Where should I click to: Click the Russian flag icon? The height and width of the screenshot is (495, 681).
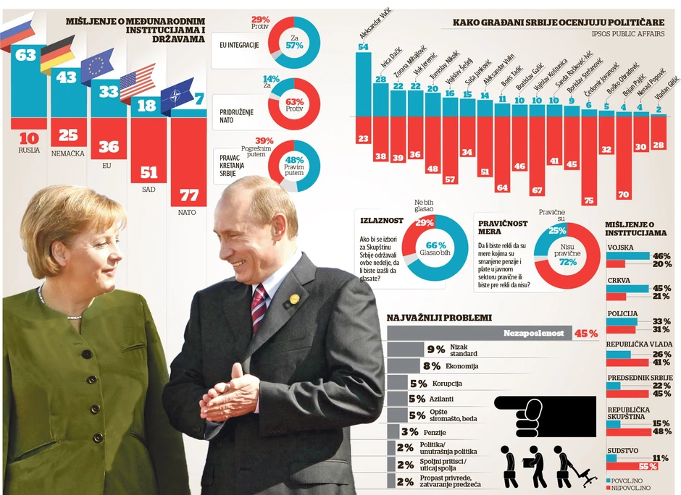click(x=16, y=31)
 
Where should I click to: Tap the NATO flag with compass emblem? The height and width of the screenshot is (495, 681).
click(x=177, y=96)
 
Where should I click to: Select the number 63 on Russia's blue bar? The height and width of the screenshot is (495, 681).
click(x=26, y=55)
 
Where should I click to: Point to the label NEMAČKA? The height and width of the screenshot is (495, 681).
click(x=67, y=153)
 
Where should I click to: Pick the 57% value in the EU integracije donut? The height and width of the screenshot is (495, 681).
click(x=294, y=45)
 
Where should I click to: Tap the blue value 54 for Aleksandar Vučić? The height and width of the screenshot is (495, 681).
click(x=363, y=47)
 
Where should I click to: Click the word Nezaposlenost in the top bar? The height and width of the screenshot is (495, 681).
click(x=535, y=334)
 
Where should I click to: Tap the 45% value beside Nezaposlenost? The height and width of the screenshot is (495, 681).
click(x=585, y=334)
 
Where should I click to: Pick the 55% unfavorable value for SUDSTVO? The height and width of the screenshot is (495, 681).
click(x=648, y=466)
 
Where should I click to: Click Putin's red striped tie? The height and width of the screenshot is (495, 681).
click(x=258, y=308)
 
